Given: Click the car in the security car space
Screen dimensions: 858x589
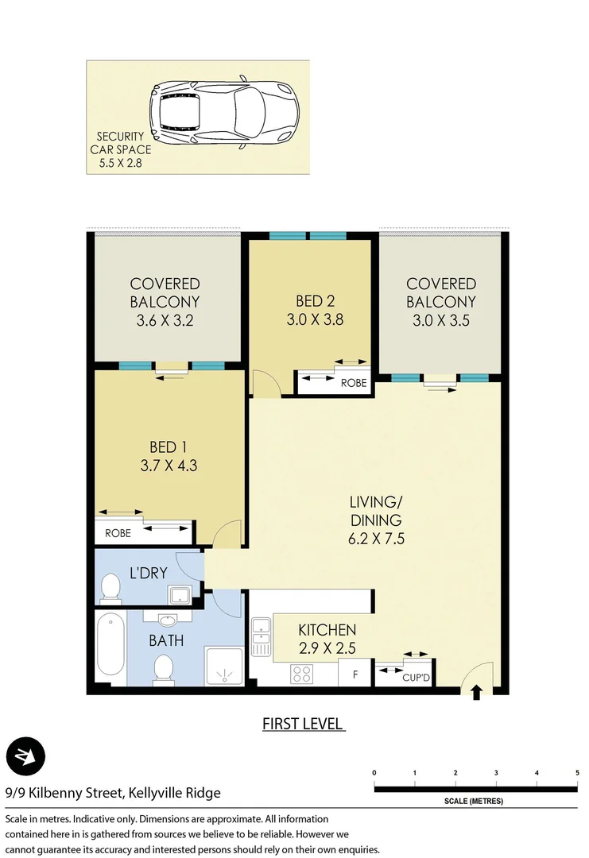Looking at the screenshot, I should coord(223,114).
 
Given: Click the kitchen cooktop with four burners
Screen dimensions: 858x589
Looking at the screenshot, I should coord(303,674).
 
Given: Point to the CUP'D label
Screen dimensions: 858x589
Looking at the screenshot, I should coord(416,678).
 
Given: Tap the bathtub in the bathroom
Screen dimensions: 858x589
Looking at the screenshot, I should coord(110,645).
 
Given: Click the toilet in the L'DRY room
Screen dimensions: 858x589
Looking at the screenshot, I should coord(110,589).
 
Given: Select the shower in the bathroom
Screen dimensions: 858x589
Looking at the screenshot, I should coord(226,664).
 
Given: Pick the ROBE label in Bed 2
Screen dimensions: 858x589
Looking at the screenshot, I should coord(354,382).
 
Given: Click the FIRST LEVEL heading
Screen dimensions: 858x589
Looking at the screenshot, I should coord(303,724).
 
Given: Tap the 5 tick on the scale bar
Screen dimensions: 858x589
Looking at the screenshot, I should coord(577,772).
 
